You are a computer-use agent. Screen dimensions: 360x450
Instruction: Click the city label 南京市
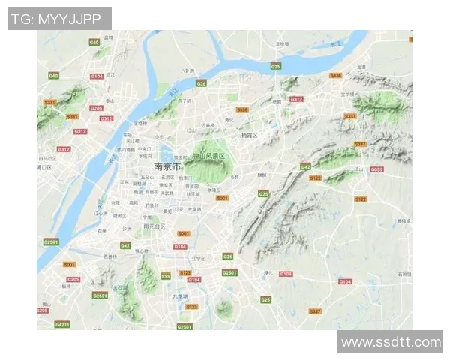(168, 166)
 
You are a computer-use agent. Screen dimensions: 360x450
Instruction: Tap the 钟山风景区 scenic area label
(208, 156)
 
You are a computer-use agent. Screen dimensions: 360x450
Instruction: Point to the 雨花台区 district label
(154, 226)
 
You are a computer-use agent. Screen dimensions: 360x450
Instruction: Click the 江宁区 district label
(198, 258)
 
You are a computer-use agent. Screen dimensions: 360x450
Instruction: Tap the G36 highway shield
(201, 83)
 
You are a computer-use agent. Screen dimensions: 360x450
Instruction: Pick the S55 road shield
(166, 276)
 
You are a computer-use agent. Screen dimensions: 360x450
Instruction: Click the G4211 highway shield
(62, 324)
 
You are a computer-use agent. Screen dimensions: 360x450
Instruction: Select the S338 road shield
(335, 75)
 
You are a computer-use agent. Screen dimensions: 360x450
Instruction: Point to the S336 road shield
(241, 109)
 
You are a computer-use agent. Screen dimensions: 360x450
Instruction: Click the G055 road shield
(376, 169)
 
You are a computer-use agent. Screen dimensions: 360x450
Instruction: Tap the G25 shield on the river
(276, 67)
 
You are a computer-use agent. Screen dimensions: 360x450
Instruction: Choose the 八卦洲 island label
(188, 71)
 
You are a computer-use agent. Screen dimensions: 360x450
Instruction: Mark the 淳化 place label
(268, 273)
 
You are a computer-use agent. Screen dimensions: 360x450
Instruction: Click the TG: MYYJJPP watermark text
(58, 19)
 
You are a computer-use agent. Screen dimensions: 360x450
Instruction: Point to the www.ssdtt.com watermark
(391, 342)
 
